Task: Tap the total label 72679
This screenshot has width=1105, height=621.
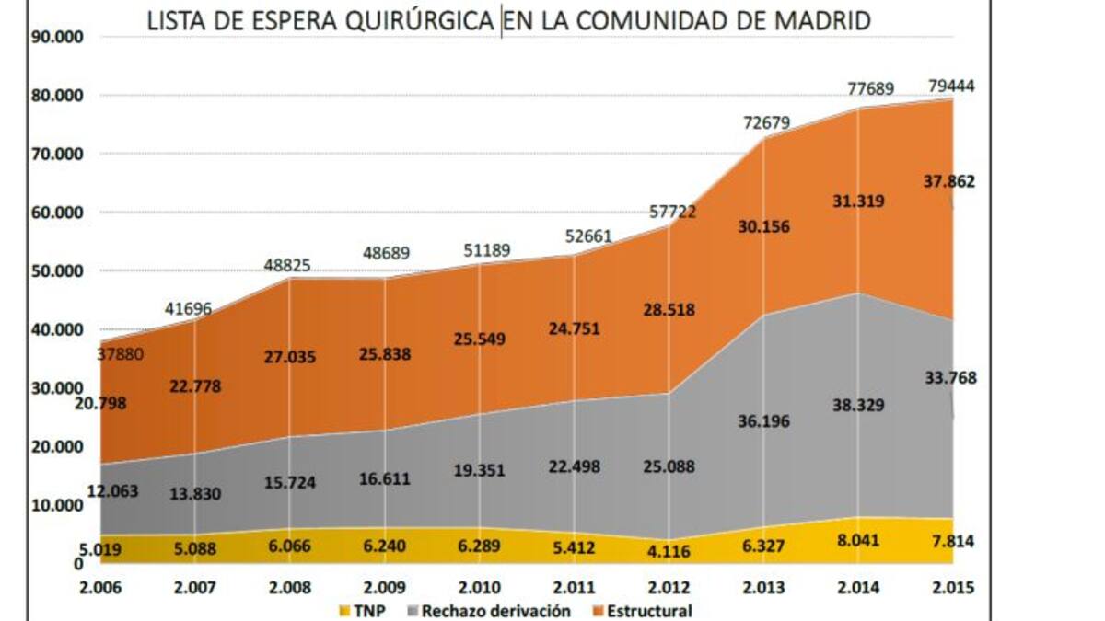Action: pos(767,122)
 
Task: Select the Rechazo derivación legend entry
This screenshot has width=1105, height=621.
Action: pos(493,611)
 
